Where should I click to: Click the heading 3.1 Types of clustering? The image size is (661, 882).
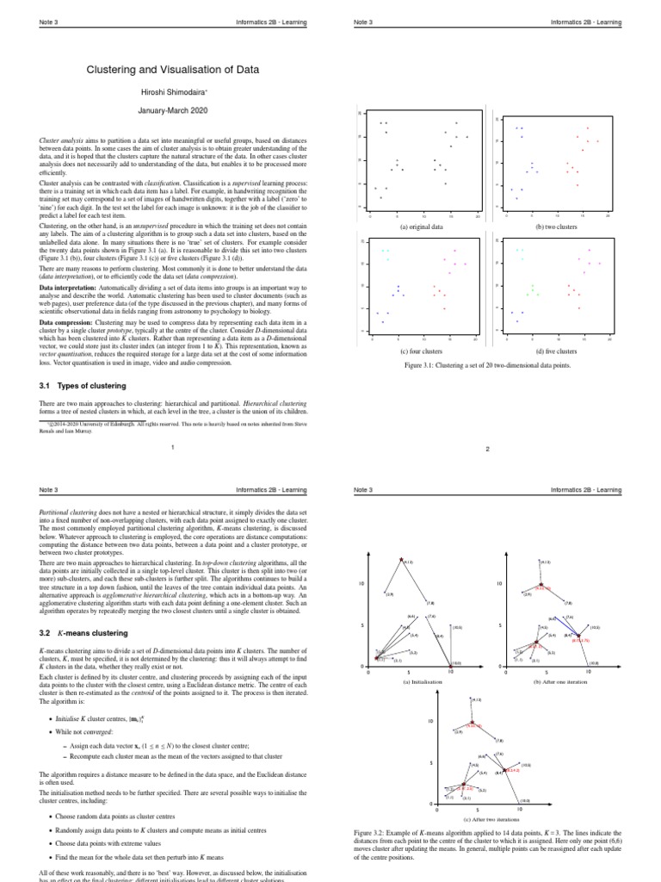pos(83,386)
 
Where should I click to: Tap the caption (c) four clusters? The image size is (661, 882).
pos(422,352)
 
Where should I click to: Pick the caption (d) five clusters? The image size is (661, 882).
pos(556,352)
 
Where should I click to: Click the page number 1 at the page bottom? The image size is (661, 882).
pos(173,446)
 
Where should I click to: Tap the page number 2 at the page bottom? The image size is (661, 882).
pos(487,459)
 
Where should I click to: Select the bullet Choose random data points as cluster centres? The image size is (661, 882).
pos(127,816)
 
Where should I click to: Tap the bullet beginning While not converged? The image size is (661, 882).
pos(90,734)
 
